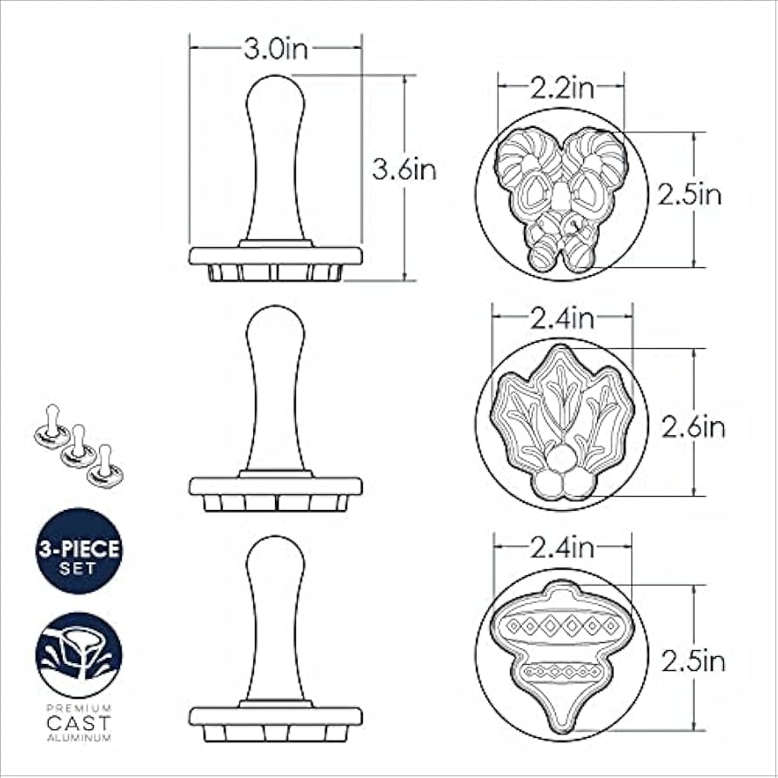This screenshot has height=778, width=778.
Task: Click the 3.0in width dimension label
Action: [275, 49]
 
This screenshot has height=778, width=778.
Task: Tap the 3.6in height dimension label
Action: [404, 171]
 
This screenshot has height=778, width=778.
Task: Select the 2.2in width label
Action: [561, 88]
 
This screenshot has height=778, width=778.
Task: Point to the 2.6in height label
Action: [694, 427]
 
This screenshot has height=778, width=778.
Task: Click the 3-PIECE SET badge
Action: [79, 551]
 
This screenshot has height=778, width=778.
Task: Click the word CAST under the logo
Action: [79, 722]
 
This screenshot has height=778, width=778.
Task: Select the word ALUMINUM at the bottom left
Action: [79, 738]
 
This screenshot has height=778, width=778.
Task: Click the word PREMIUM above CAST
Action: [79, 707]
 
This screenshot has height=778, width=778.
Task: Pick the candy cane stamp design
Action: [561, 198]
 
